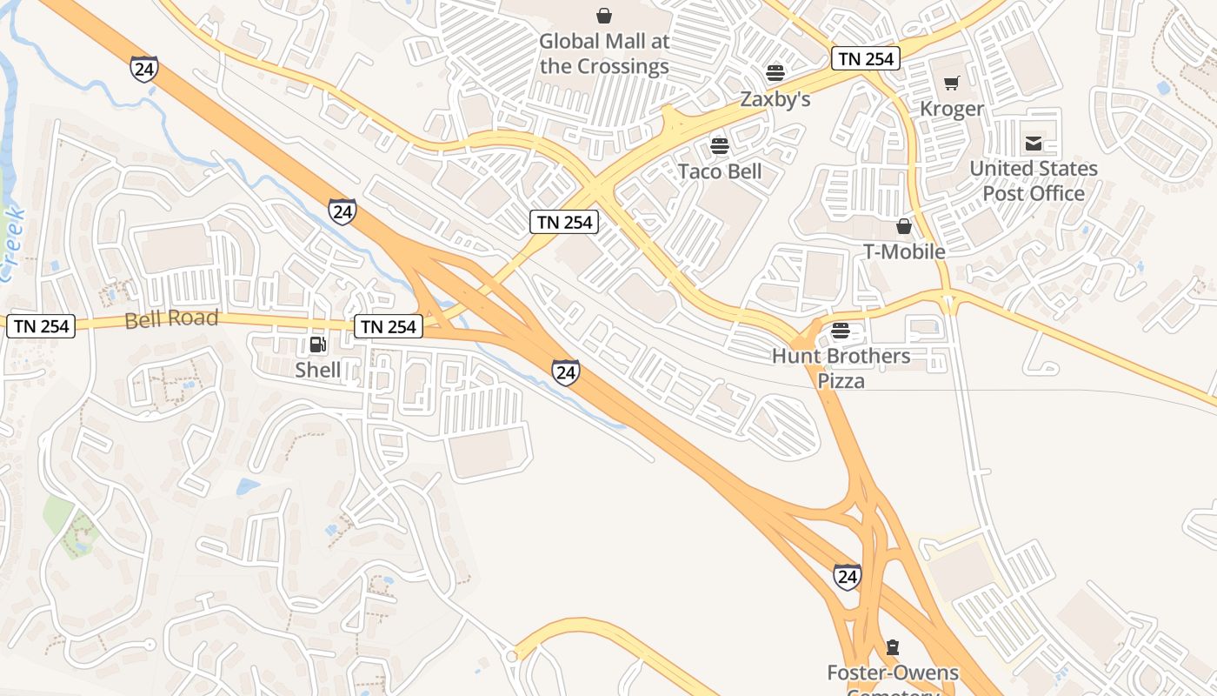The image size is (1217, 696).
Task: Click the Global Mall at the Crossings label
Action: (604, 54)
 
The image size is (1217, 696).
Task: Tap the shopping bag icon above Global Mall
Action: (604, 16)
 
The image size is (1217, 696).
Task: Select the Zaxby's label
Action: (775, 99)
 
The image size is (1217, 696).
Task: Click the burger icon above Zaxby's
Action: (775, 72)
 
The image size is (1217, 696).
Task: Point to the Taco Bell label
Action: (720, 171)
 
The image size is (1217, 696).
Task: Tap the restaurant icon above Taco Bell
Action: (719, 145)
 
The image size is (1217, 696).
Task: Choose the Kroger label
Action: (952, 109)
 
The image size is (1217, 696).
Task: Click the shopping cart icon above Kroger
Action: (952, 84)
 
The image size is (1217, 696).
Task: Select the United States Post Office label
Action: (1034, 181)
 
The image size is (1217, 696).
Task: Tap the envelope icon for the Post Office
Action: (1034, 144)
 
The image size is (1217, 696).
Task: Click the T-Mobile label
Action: (904, 251)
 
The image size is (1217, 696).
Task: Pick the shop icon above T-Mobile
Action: (904, 226)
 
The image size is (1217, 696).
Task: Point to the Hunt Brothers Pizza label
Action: (841, 368)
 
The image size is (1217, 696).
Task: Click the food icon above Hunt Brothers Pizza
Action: (840, 331)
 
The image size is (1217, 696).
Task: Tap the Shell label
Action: (318, 370)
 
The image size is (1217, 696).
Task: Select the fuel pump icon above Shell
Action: (318, 345)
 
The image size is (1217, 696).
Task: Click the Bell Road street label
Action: (171, 319)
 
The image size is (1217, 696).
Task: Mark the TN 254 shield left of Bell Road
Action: (41, 326)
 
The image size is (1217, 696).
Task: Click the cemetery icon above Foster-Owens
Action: (892, 647)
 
